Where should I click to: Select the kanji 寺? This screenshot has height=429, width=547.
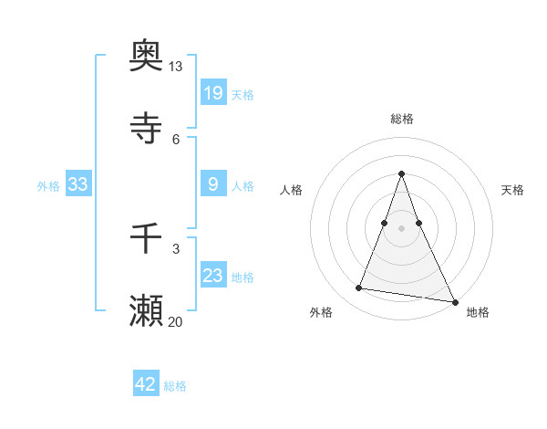[x=147, y=128]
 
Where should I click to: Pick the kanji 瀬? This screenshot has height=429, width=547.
[x=147, y=311]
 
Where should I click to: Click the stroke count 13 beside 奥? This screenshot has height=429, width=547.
[x=176, y=67]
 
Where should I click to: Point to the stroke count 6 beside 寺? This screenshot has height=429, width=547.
[x=176, y=139]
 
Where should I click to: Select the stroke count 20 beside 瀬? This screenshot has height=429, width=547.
[x=176, y=321]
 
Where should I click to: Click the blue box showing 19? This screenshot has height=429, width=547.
[x=213, y=92]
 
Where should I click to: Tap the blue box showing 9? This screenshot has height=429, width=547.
[x=213, y=184]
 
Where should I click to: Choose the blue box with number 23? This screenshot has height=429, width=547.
[x=213, y=276]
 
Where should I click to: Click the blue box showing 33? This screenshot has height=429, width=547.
[x=78, y=184]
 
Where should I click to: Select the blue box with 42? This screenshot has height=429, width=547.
[x=146, y=384]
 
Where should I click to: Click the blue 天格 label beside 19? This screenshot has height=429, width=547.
[x=243, y=94]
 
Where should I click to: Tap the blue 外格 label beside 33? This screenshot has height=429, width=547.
[x=48, y=186]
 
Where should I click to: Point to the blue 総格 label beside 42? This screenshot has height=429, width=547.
[x=175, y=386]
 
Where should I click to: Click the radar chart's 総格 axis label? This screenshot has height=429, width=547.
[x=402, y=119]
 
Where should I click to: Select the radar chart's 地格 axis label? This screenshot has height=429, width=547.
[x=478, y=312]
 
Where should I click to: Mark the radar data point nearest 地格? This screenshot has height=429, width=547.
[x=454, y=301]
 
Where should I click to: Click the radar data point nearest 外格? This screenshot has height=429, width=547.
[x=359, y=288]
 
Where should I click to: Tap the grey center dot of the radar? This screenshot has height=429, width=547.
[x=402, y=227]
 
